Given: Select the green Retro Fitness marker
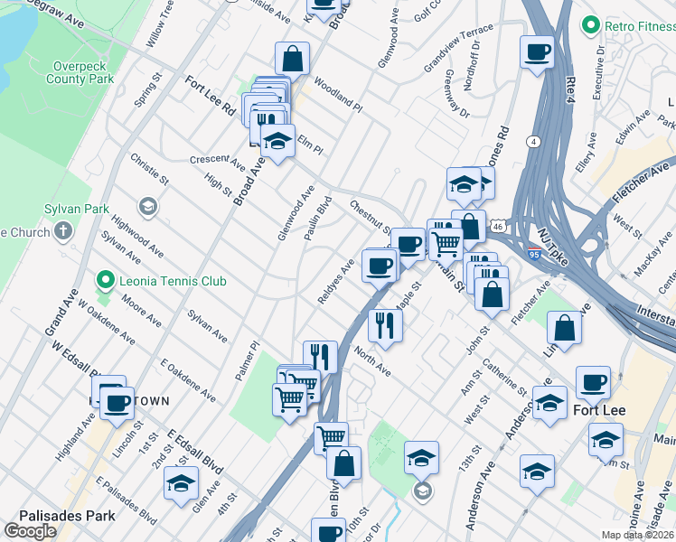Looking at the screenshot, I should pos(592,23).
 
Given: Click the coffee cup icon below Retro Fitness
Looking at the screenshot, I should pos(537,51).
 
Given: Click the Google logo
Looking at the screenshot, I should pos(30,531).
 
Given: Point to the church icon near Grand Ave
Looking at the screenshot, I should pos(62,232).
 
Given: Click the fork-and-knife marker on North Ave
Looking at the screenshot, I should pos(386,325).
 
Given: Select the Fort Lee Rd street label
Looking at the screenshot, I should pos(210,95).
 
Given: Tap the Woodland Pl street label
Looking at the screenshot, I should pos(338,95).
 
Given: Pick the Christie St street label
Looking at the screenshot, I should pos(149,168).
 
